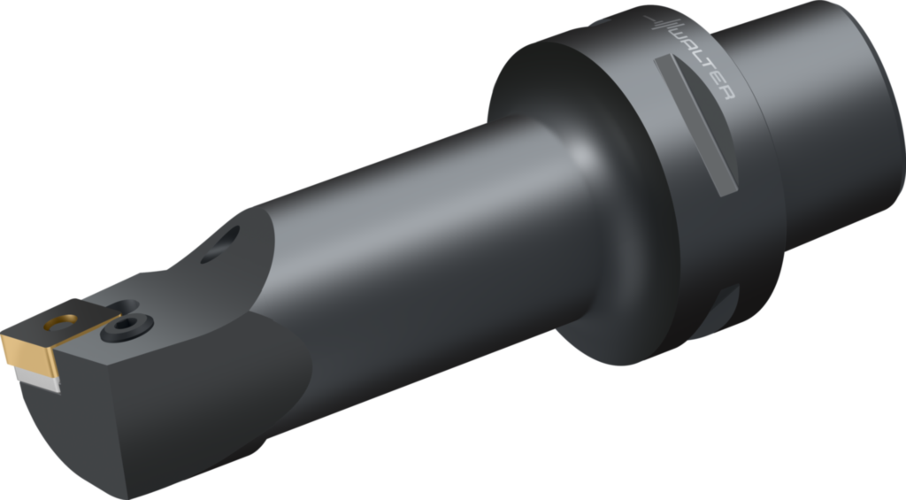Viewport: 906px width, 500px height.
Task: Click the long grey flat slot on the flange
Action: [x=699, y=124]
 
